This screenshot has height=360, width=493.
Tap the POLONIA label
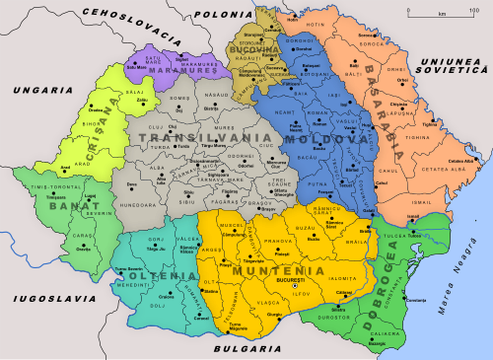(x=225, y=14)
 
